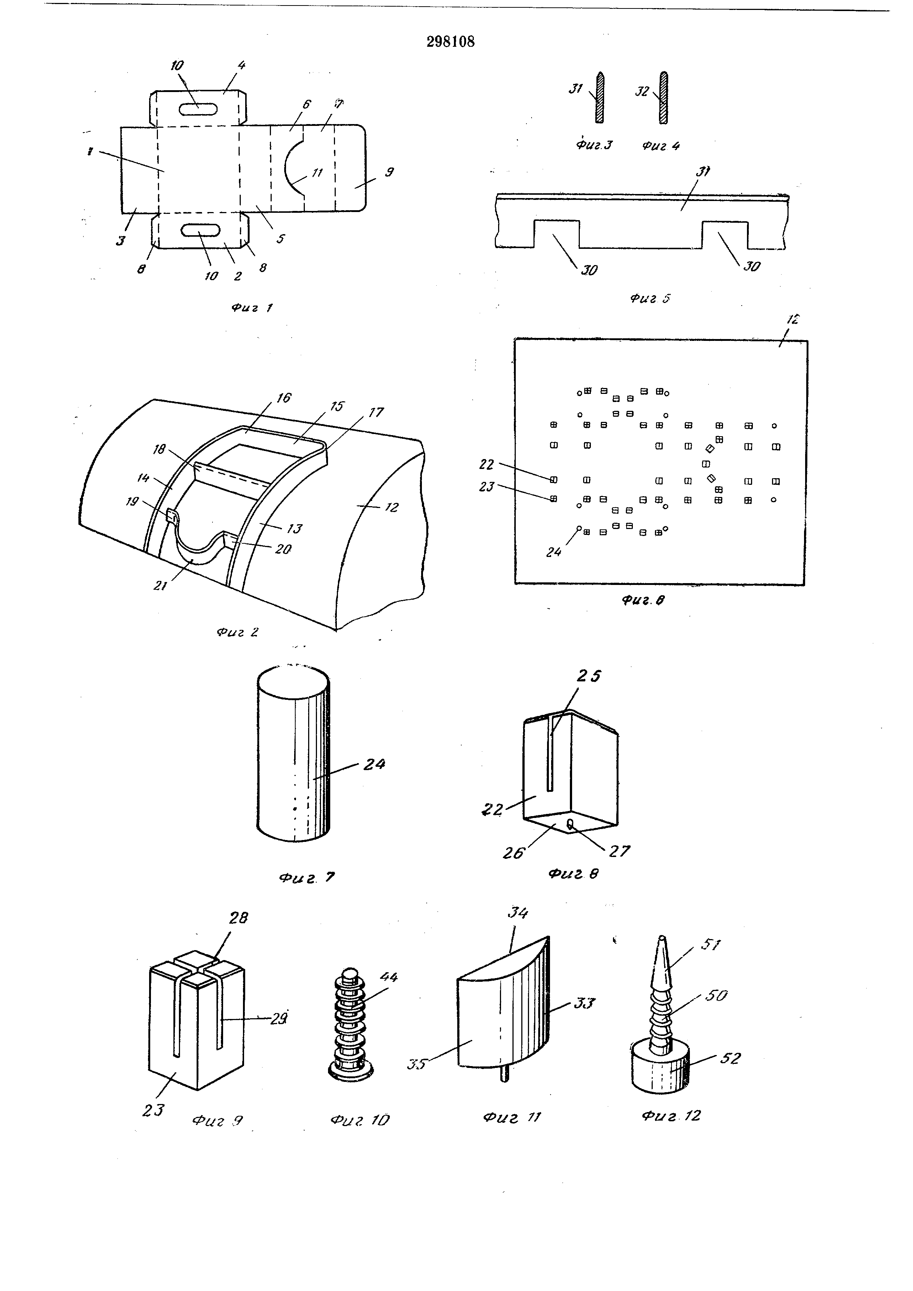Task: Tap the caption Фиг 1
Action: (251, 308)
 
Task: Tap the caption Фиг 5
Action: (650, 299)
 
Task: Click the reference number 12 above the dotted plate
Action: (793, 320)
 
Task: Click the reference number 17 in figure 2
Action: (376, 412)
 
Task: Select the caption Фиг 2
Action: (237, 632)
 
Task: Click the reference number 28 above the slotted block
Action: (238, 918)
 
